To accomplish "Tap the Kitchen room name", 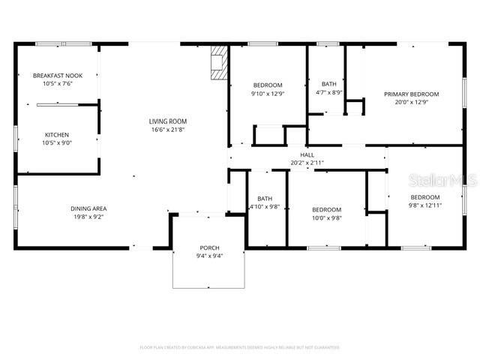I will pos(56,135).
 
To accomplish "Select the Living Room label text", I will pos(167,121).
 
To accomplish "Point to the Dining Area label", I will pos(88,208).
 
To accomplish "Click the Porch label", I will pos(209,247).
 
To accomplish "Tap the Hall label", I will pos(307,154).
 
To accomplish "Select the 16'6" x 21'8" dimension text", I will pos(167,129).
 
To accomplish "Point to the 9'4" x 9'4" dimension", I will pos(209,256).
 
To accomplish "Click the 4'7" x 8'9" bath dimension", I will pos(329,92).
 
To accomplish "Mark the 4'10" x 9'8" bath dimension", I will pos(263,206).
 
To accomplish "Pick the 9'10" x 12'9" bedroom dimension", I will pos(267,94).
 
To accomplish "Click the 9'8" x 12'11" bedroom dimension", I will pos(425,205).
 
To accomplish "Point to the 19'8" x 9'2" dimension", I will pos(88,217).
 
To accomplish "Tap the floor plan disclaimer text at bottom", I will pos(240,347).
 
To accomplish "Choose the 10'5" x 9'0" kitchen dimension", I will pos(56,143).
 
